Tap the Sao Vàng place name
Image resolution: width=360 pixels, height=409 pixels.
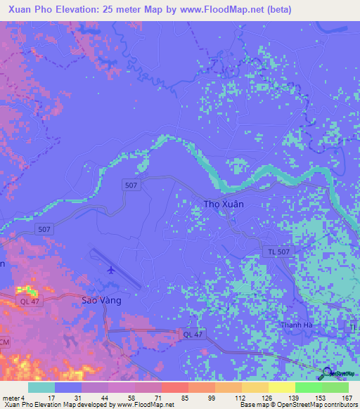101,300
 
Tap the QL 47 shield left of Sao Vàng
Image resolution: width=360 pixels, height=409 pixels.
28,301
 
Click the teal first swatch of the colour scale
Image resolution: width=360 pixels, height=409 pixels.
41,387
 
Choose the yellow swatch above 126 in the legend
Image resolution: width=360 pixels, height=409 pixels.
255,387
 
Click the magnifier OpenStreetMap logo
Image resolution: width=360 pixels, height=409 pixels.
328,374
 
